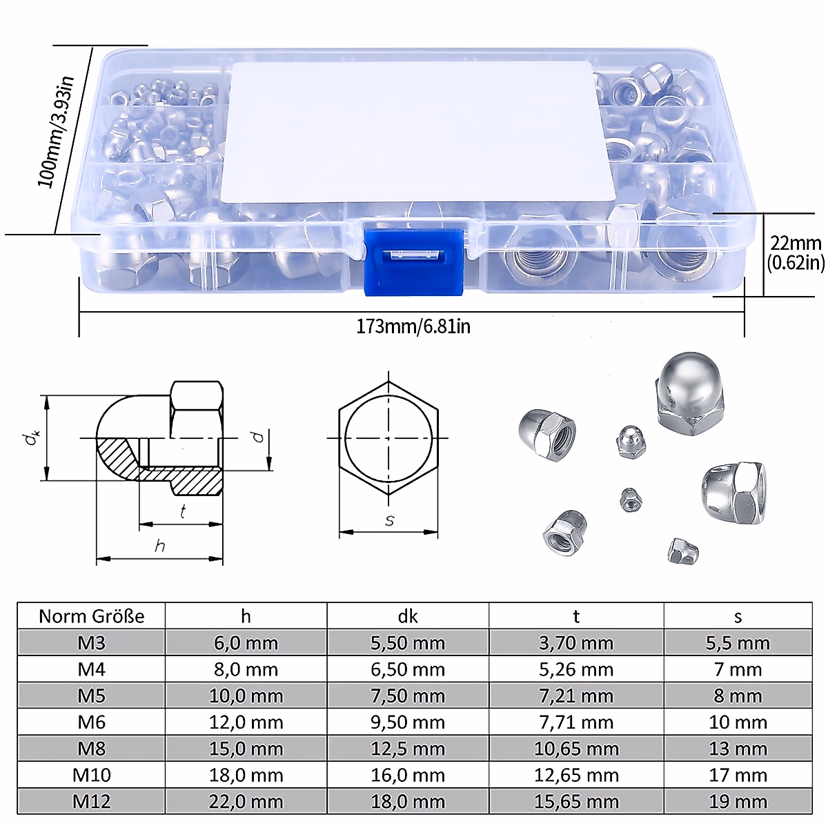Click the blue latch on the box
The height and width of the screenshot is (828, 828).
(413, 262)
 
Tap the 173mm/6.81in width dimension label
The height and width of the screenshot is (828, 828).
(413, 326)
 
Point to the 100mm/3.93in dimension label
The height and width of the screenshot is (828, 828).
(56, 131)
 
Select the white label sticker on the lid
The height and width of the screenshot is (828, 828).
(417, 131)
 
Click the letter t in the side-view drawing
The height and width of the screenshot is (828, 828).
(183, 511)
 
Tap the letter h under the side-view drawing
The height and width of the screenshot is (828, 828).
(159, 546)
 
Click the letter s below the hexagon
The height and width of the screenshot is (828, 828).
(389, 520)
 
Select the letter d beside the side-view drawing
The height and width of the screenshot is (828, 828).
(258, 437)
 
